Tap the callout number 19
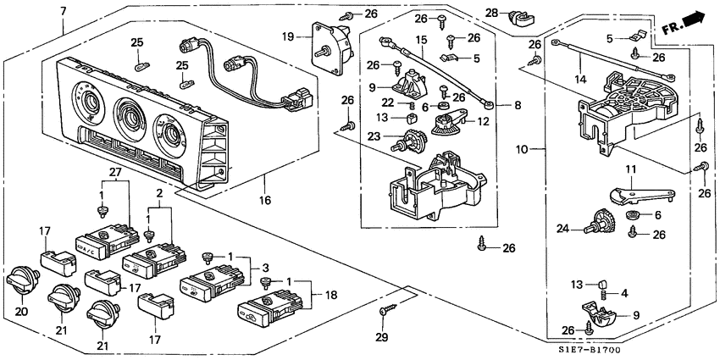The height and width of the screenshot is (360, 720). pos(287,36)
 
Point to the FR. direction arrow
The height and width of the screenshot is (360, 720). pos(684,21)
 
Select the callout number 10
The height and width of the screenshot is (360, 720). pos(523,150)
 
